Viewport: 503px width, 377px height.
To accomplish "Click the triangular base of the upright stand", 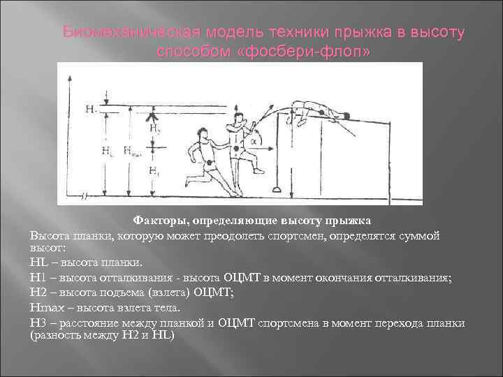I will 278,189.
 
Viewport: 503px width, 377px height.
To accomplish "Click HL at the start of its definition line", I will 37,263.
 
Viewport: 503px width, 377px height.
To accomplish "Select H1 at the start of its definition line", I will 37,277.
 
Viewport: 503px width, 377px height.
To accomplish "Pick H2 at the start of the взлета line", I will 37,292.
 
